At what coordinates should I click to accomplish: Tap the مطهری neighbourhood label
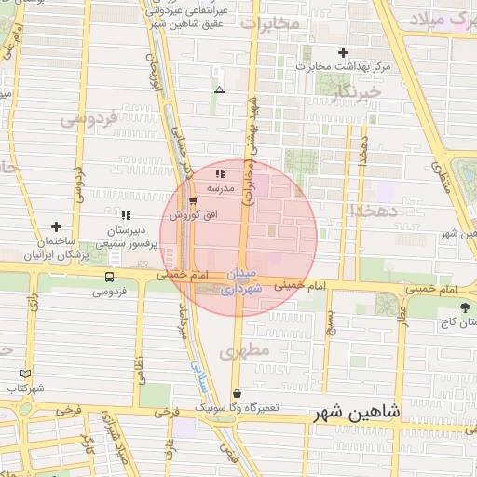click(245, 351)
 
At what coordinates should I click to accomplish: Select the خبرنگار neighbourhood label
click(358, 92)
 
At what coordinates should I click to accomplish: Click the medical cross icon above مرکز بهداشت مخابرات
click(344, 52)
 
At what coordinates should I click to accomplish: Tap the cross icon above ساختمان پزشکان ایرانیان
click(57, 226)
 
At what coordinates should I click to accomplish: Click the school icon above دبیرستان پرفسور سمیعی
click(126, 216)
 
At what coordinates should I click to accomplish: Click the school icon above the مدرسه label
click(220, 173)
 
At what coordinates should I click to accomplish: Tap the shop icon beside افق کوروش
click(192, 200)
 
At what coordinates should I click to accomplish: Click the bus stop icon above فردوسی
click(110, 277)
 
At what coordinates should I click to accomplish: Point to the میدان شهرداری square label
click(245, 282)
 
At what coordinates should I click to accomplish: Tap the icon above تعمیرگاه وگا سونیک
click(237, 394)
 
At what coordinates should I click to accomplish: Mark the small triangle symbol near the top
click(219, 89)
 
